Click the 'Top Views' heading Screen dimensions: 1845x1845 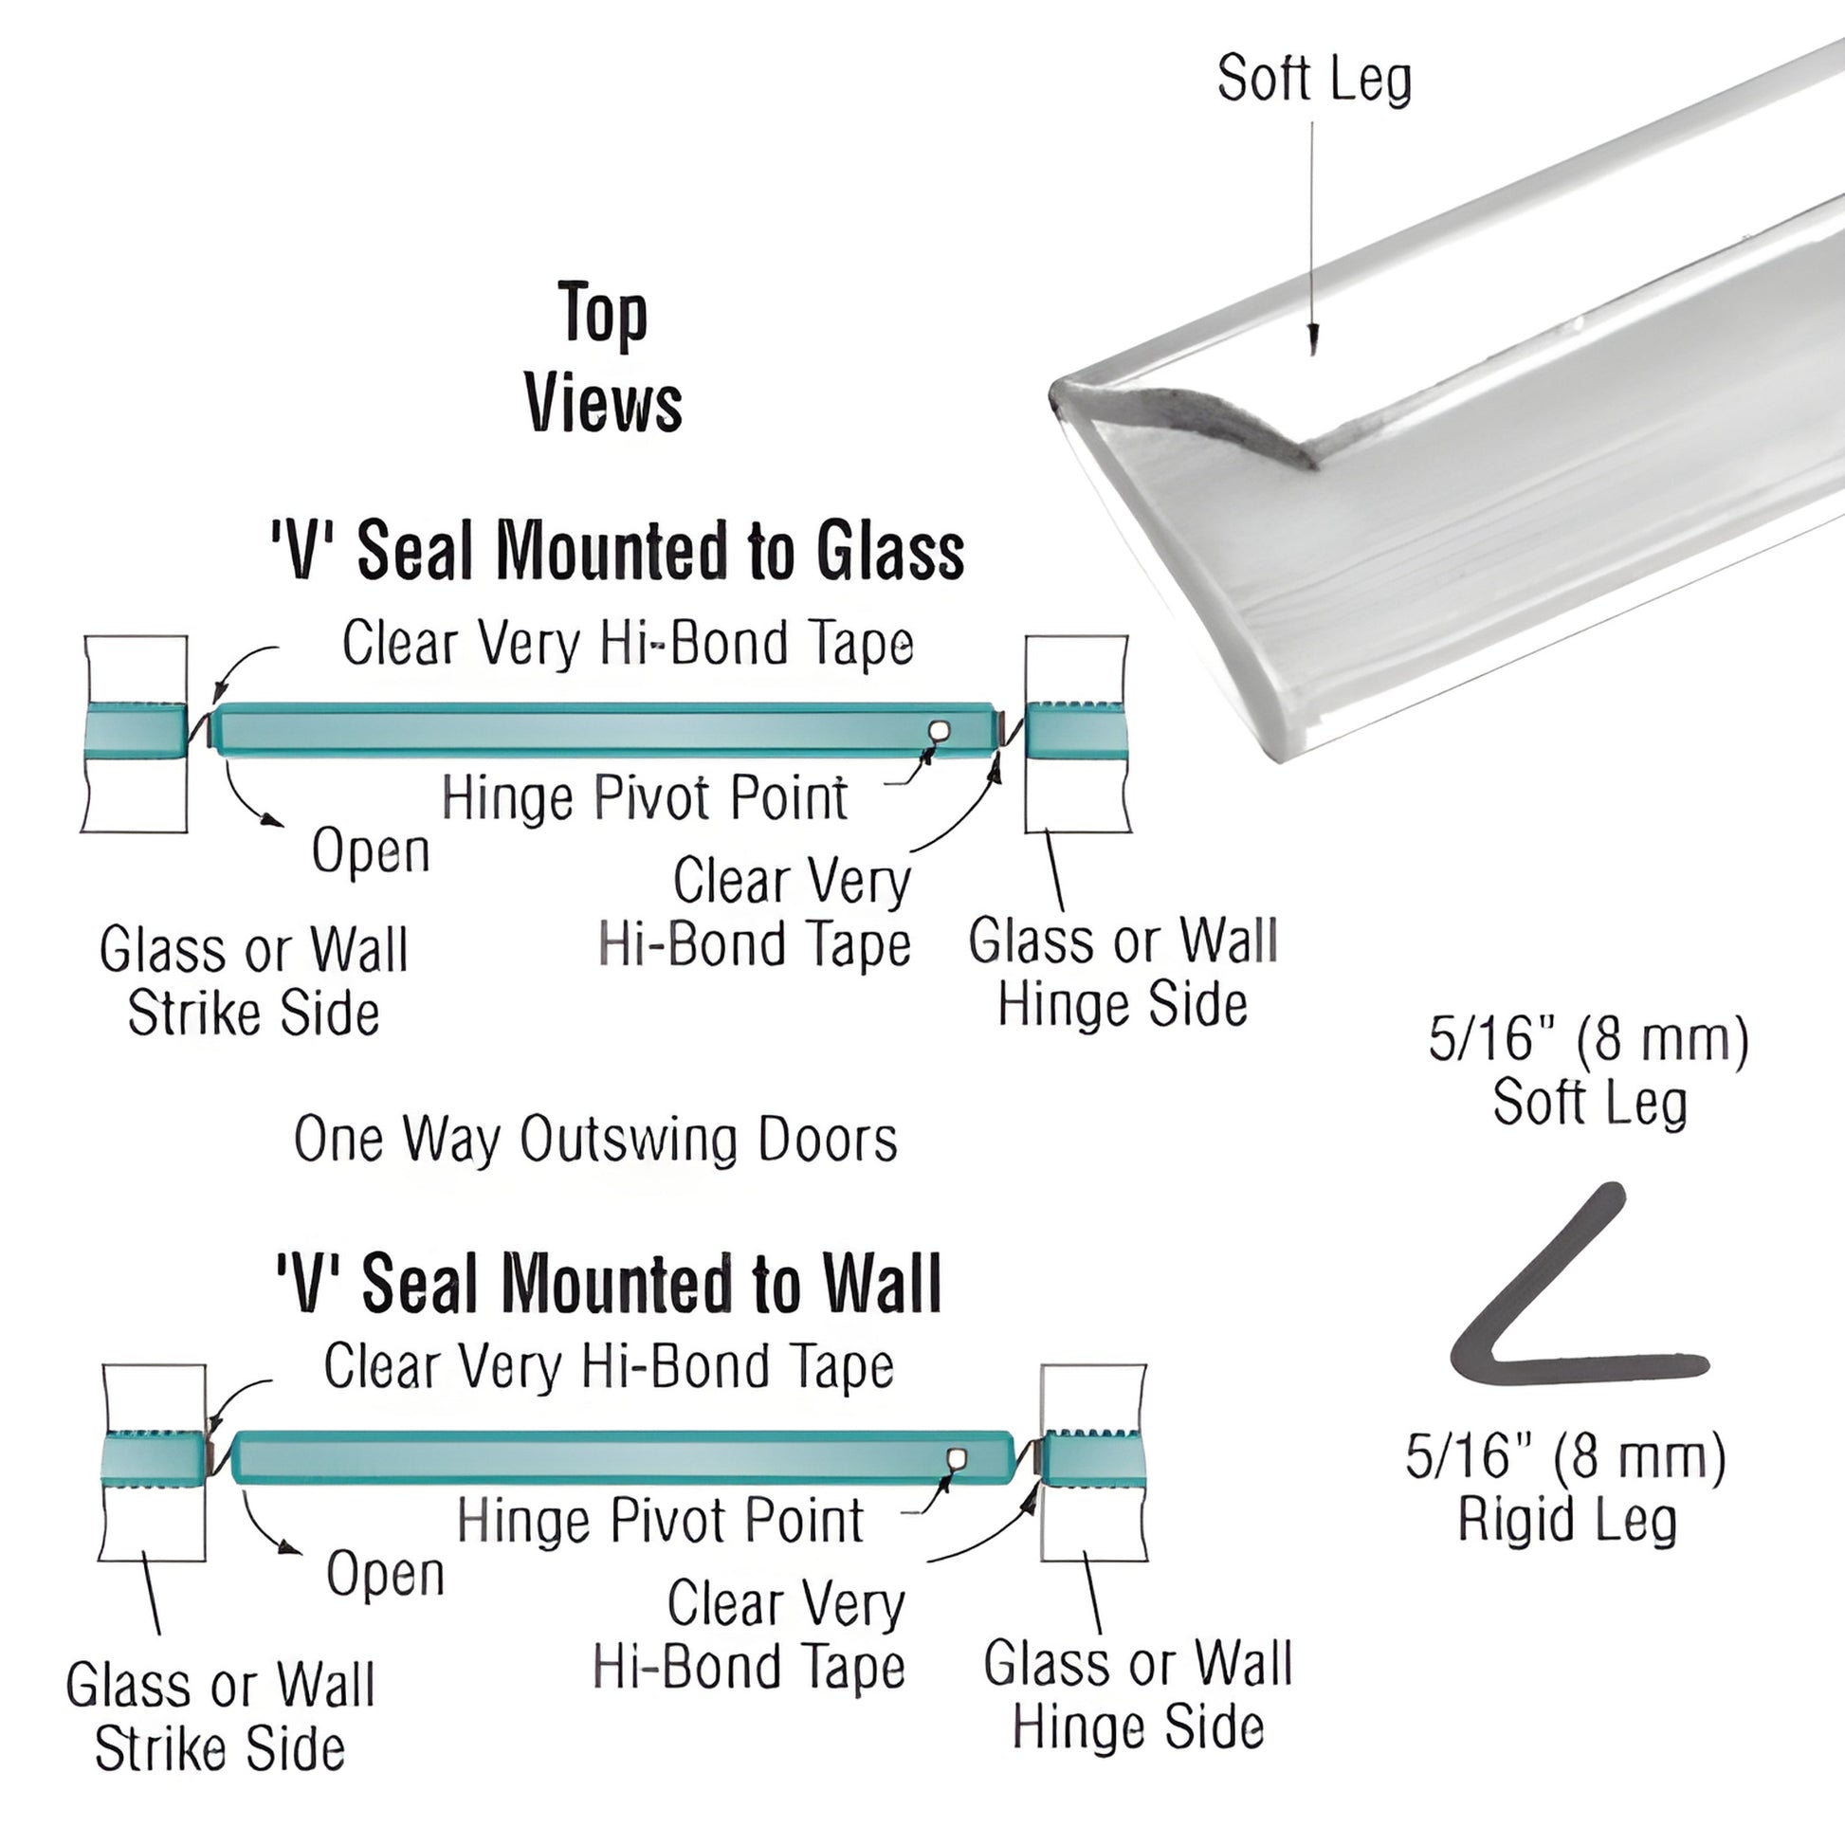click(x=603, y=357)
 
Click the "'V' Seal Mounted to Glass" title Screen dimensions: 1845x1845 click(x=617, y=552)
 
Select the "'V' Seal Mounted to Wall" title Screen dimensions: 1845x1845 click(x=609, y=1285)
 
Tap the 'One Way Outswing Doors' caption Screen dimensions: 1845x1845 click(x=595, y=1140)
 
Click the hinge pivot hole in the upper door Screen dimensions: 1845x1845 click(x=940, y=732)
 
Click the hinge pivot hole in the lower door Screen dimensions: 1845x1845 click(x=956, y=1459)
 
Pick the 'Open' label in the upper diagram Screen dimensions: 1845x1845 click(x=371, y=849)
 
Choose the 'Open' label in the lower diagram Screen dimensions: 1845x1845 click(x=385, y=1574)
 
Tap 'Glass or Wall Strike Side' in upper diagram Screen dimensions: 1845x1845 click(x=253, y=980)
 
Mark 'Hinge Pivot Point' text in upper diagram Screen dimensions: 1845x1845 click(x=645, y=798)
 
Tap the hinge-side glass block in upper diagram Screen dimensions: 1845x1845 click(x=1076, y=733)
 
